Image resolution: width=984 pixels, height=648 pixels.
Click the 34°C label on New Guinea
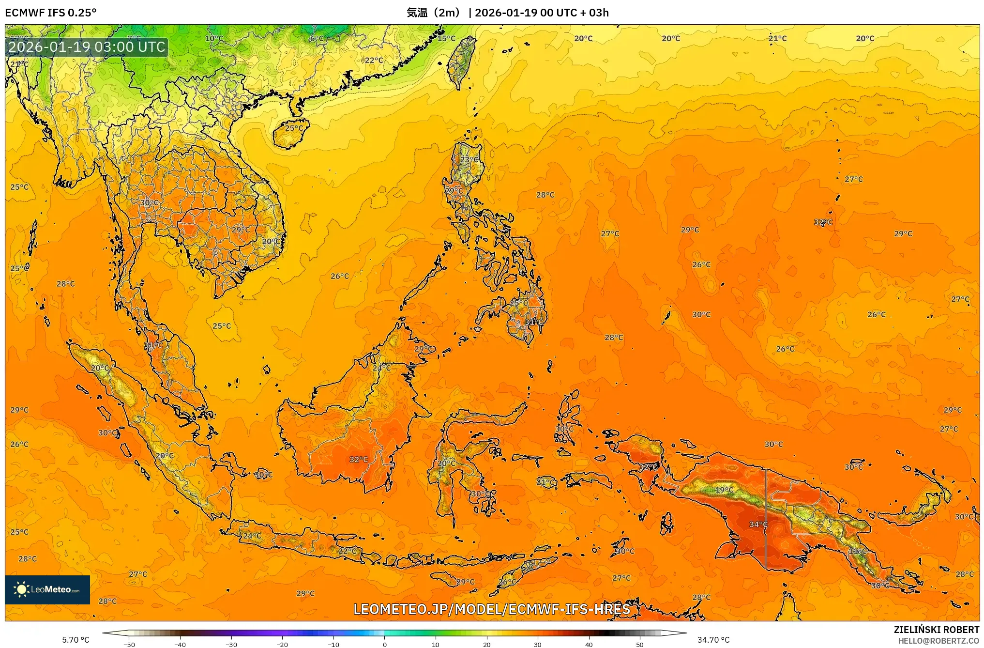(758, 525)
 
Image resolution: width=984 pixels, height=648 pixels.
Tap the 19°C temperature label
(724, 490)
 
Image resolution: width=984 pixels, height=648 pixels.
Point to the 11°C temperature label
(858, 551)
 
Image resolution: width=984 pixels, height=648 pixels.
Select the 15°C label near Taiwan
(446, 39)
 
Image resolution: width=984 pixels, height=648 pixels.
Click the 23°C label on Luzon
(469, 159)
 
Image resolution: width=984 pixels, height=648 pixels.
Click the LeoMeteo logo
(47, 589)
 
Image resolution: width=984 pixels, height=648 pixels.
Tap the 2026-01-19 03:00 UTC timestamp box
(87, 47)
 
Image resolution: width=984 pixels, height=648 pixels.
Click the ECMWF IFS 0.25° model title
(51, 13)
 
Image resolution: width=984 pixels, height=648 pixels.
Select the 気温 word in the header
(417, 13)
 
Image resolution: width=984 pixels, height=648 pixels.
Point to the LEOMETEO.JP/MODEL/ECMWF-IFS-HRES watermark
(492, 609)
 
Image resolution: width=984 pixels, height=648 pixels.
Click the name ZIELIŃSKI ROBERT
(936, 630)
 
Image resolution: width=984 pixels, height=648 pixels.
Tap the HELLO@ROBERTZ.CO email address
(939, 641)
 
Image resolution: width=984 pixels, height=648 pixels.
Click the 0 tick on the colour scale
(385, 644)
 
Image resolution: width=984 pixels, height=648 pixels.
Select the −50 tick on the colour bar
(129, 644)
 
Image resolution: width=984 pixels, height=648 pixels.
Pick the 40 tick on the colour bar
(589, 644)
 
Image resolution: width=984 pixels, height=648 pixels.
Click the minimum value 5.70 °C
(76, 640)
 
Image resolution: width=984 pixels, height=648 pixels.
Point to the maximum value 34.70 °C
(713, 640)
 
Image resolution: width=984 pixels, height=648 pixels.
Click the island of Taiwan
(460, 63)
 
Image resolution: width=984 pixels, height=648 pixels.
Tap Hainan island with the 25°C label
(290, 133)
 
